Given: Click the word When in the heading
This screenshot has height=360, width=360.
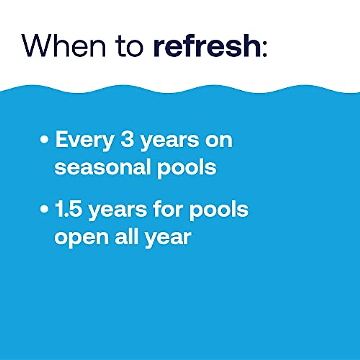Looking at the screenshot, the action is coord(63,45).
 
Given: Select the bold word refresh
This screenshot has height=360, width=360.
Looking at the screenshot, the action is coord(207,45).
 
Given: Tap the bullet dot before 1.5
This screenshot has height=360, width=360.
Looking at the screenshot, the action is coord(44,209).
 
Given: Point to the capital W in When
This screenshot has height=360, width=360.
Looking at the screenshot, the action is coord(38,45).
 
